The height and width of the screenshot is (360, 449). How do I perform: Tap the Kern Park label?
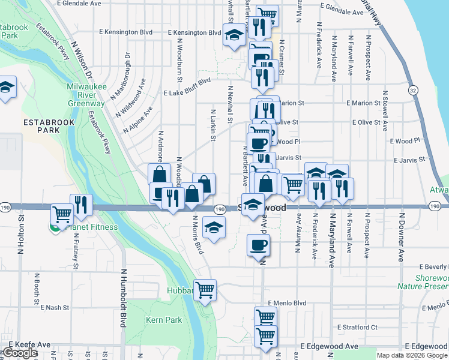(163, 320)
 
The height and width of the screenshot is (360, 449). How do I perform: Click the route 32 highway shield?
(412, 90)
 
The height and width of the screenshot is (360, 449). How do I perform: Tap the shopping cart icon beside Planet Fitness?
(62, 214)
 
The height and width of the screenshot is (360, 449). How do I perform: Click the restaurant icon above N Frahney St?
(81, 205)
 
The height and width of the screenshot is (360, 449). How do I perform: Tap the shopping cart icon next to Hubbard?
(205, 290)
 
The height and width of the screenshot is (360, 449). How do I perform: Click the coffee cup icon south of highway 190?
(259, 245)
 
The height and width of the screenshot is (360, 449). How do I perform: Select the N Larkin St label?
(212, 125)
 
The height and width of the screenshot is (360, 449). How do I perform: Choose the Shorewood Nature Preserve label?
(431, 283)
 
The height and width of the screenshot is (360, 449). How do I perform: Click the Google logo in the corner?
(20, 353)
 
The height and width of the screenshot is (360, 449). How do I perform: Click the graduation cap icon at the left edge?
(6, 86)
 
